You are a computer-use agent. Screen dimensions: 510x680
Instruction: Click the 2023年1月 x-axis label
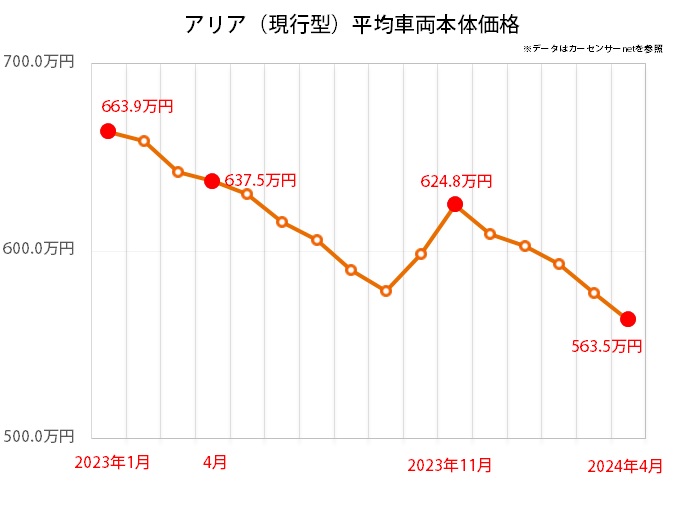coord(113,463)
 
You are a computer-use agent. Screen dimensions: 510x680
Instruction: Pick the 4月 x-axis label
coord(215,463)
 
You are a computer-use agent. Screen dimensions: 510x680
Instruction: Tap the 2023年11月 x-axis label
coord(450,465)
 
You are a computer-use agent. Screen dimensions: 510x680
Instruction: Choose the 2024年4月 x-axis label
coord(624,466)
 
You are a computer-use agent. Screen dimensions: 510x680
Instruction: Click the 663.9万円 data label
coord(137,105)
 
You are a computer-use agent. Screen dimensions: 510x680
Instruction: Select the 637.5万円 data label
coord(260,181)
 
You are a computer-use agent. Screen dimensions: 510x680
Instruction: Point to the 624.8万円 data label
coord(456,181)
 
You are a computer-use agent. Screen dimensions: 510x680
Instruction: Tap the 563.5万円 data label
coord(606,347)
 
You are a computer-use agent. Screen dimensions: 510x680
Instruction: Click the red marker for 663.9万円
coord(108,131)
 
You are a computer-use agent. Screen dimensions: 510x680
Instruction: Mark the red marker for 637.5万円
coord(212,181)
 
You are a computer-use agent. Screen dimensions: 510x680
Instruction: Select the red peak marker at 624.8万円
coord(455,204)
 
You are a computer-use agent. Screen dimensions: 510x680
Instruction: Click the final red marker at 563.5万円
coord(628,319)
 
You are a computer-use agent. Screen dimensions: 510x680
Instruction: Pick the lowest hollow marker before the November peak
coord(386,291)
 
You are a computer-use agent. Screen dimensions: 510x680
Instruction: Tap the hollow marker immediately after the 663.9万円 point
coord(144,141)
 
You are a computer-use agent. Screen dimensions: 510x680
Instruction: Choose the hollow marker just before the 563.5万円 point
coord(594,293)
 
